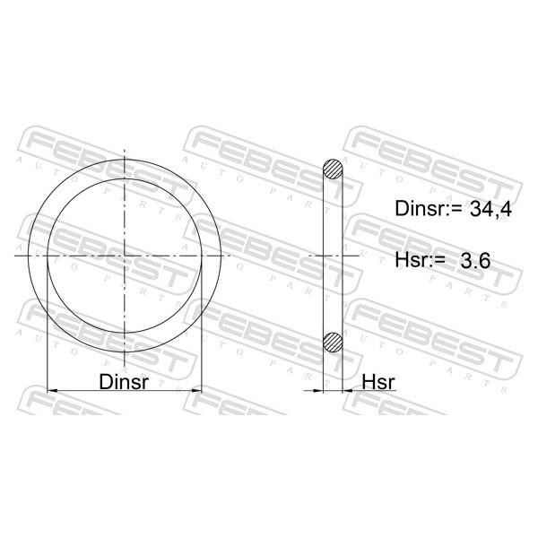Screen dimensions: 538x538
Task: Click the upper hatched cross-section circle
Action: (333, 169)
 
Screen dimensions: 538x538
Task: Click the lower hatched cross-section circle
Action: (333, 343)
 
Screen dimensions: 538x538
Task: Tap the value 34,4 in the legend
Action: (490, 209)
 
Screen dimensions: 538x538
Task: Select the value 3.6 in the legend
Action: (475, 260)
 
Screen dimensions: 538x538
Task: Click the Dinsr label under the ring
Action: (124, 382)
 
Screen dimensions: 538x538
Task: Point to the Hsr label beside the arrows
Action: (378, 382)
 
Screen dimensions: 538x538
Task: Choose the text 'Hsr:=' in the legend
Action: (420, 260)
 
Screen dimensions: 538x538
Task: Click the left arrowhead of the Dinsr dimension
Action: (52, 390)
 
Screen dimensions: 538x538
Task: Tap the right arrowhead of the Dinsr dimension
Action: (196, 390)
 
